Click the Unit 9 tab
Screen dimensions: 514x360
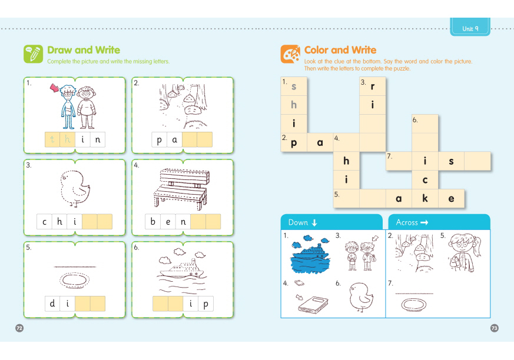coord(470,27)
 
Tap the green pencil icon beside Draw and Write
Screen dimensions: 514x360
coord(33,54)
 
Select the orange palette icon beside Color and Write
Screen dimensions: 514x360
coord(290,54)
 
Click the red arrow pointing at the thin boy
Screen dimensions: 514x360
coord(54,88)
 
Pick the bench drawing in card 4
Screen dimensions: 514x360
coord(181,189)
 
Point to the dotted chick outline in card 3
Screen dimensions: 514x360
coord(75,188)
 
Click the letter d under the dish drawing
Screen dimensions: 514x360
coord(52,304)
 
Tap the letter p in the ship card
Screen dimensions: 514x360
coord(206,304)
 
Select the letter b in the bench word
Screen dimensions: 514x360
coord(152,221)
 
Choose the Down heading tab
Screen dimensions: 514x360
coord(331,222)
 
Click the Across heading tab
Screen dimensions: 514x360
coord(439,222)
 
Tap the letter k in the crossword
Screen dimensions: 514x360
coord(425,198)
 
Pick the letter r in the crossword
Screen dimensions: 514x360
coord(372,86)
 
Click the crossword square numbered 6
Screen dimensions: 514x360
coord(425,124)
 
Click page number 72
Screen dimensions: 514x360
coord(19,328)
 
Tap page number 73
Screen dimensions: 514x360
coord(495,328)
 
